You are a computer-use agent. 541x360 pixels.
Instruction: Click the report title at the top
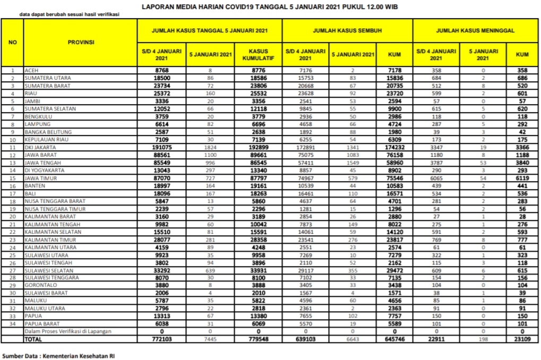tap(270, 7)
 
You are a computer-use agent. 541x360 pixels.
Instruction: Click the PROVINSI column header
tap(81, 42)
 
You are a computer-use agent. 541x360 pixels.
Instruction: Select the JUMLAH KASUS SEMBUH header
tap(347, 31)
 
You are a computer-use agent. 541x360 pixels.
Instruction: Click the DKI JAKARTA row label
tap(40, 147)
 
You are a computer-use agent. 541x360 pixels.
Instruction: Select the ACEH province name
tap(31, 70)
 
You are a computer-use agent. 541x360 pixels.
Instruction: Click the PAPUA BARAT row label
tap(41, 323)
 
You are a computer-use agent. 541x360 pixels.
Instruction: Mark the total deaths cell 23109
tap(521, 339)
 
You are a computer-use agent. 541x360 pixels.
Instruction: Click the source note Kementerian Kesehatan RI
tap(58, 354)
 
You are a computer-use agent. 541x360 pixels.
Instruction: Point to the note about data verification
tap(69, 14)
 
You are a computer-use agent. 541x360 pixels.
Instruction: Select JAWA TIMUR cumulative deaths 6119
tap(521, 178)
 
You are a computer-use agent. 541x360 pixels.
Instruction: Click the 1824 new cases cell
tap(210, 147)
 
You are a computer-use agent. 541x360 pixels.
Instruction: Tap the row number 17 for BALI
tap(13, 193)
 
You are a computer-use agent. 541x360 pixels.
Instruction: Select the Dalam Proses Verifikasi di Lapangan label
tap(68, 331)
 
